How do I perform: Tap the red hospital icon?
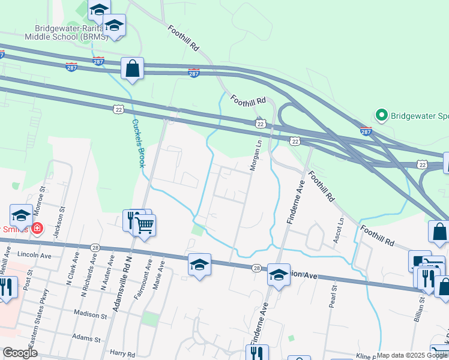tap(37, 229)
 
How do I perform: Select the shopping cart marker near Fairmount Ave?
tap(145, 226)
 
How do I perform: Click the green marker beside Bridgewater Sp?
tap(381, 115)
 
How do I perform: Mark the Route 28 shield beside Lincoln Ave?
tap(95, 247)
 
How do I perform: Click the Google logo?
tap(20, 353)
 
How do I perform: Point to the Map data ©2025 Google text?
tap(412, 355)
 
